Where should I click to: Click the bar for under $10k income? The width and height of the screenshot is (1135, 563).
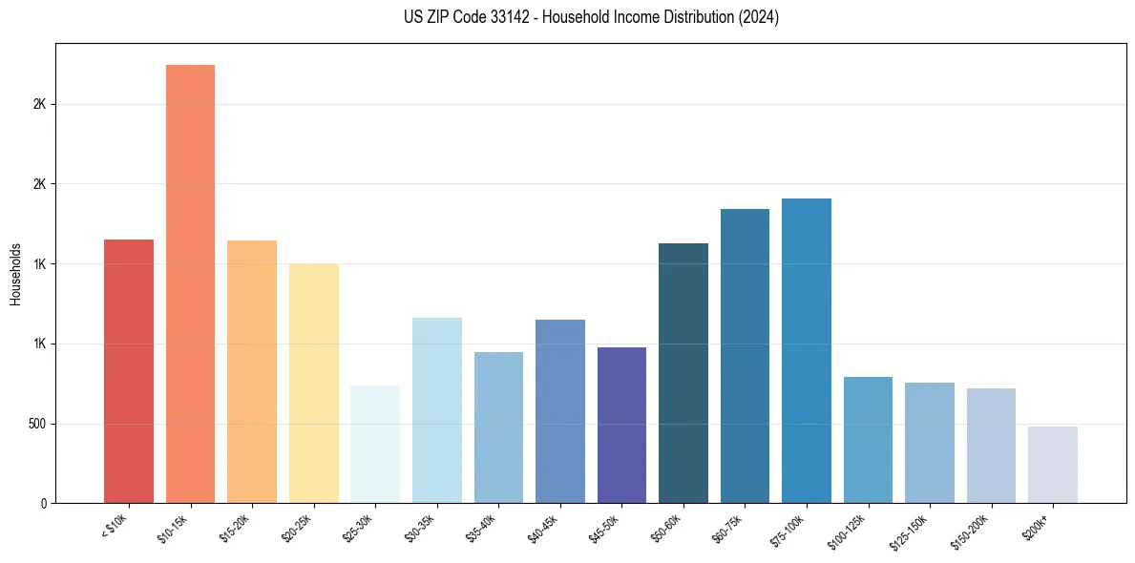[x=129, y=371]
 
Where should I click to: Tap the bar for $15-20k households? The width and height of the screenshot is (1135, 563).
[x=252, y=371]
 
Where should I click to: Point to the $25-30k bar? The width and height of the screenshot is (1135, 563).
[x=375, y=445]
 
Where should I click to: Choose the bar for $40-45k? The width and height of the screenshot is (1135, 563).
[x=560, y=411]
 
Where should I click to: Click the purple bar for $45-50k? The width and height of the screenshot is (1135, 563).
[x=621, y=426]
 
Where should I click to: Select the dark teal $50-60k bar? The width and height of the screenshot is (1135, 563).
[x=683, y=373]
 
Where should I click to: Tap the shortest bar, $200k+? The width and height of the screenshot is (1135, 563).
[x=1053, y=465]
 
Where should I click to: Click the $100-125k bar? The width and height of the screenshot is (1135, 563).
[x=868, y=440]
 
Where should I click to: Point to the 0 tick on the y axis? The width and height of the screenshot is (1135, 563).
[x=44, y=503]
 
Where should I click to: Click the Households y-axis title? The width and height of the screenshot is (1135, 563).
[x=15, y=274]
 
